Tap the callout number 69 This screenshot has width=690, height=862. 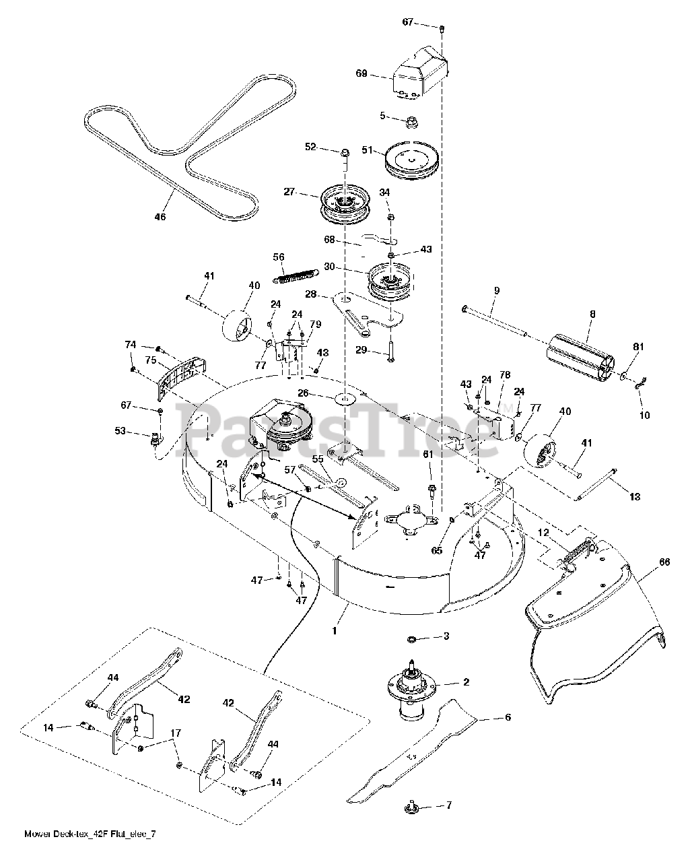[361, 73]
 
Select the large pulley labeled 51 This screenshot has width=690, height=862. [412, 161]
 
